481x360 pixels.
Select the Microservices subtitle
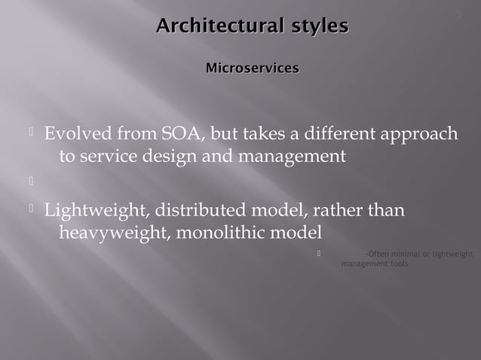[x=252, y=69]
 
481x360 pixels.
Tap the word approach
[x=418, y=136]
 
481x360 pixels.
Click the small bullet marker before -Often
[x=320, y=253]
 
